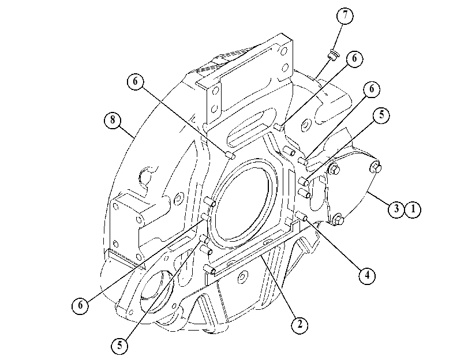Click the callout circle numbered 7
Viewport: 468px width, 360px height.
(345, 15)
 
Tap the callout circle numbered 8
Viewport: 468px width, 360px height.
(113, 120)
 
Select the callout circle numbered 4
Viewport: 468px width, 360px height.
(367, 275)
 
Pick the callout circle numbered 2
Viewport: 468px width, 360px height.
(299, 324)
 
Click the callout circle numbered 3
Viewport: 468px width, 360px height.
(396, 209)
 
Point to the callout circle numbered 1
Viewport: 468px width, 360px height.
(413, 209)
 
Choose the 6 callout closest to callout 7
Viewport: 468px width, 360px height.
(354, 58)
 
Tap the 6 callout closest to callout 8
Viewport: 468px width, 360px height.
(135, 81)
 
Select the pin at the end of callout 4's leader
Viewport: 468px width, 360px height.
(301, 216)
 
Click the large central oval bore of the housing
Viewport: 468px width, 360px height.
(242, 204)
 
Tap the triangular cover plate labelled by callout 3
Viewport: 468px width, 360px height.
(351, 190)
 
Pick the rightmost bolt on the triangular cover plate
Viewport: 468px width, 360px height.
(376, 167)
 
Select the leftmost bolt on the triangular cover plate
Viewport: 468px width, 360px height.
(333, 170)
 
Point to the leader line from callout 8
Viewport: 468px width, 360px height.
(128, 132)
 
